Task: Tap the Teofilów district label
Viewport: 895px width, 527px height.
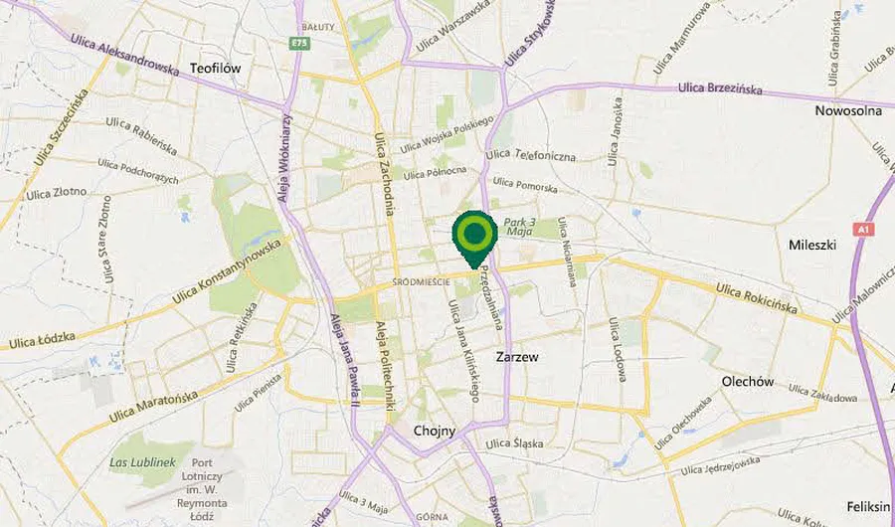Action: coord(215,69)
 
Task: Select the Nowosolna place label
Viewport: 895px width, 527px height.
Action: coord(847,110)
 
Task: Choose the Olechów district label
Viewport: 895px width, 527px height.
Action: coord(747,381)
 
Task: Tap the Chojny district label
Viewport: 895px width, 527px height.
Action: coord(434,431)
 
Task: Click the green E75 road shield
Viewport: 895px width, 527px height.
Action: coord(297,43)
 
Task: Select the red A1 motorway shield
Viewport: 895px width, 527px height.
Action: coord(864,229)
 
